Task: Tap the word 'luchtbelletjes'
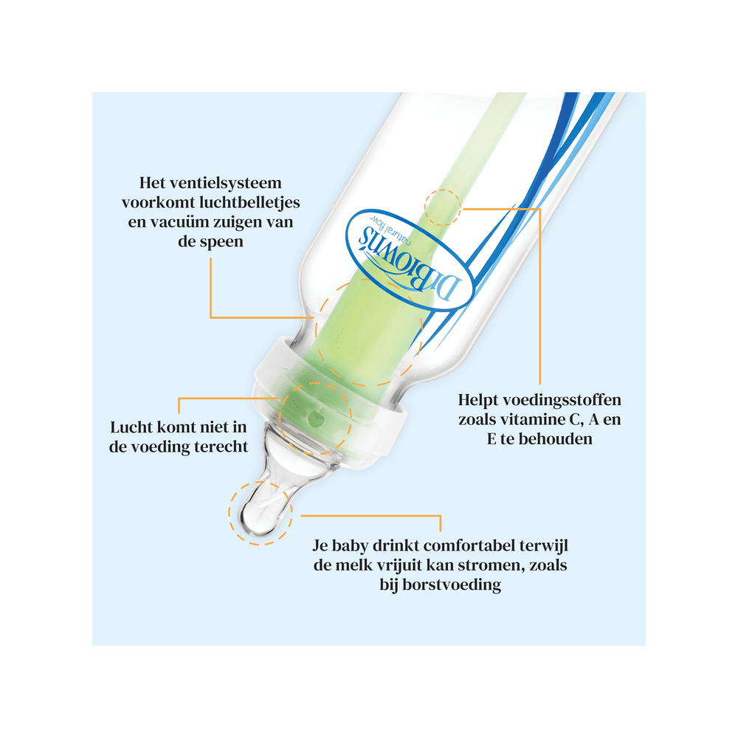(249, 203)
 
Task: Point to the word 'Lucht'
(131, 427)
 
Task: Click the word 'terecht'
(221, 446)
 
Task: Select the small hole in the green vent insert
(315, 417)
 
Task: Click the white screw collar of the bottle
(329, 396)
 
